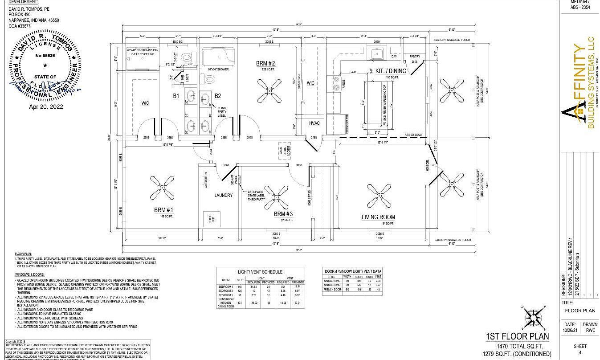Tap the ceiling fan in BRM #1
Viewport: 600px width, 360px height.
[162, 188]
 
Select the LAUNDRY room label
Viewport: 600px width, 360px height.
[223, 195]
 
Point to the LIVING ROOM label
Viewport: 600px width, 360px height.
[378, 217]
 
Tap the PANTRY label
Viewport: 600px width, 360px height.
[415, 57]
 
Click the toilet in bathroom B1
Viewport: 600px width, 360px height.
[188, 57]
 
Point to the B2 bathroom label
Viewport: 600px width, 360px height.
[218, 96]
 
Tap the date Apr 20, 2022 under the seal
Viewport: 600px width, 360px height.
[46, 106]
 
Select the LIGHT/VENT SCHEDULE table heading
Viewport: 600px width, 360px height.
[261, 272]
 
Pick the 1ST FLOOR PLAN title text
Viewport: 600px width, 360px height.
[517, 336]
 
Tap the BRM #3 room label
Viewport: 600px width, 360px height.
[283, 214]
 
